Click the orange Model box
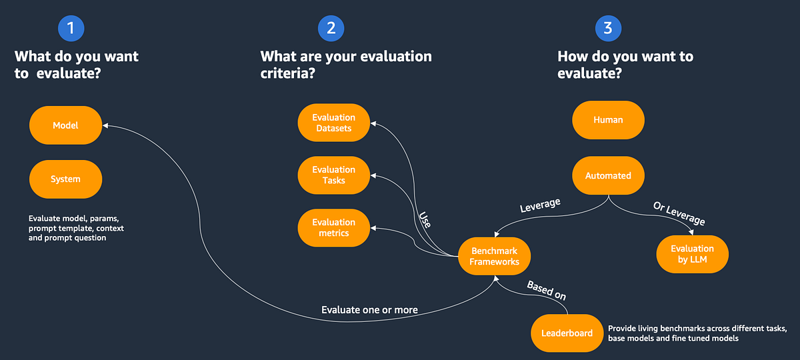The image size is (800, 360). pyautogui.click(x=65, y=125)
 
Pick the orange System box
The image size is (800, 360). pyautogui.click(x=65, y=179)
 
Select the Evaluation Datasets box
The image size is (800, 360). pyautogui.click(x=333, y=123)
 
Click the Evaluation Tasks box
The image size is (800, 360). pyautogui.click(x=333, y=175)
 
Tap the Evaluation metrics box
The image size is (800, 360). pyautogui.click(x=333, y=227)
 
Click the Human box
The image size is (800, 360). pyautogui.click(x=608, y=120)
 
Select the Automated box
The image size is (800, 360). pyautogui.click(x=608, y=175)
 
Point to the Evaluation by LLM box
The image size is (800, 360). pyautogui.click(x=692, y=254)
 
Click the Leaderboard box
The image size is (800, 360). pyautogui.click(x=567, y=333)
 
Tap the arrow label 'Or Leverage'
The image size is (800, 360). pyautogui.click(x=679, y=214)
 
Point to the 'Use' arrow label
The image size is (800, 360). pyautogui.click(x=425, y=220)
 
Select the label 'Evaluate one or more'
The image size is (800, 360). pyautogui.click(x=369, y=309)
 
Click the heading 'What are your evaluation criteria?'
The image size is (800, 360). pyautogui.click(x=345, y=65)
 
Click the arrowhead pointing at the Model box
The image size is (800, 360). pyautogui.click(x=105, y=125)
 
